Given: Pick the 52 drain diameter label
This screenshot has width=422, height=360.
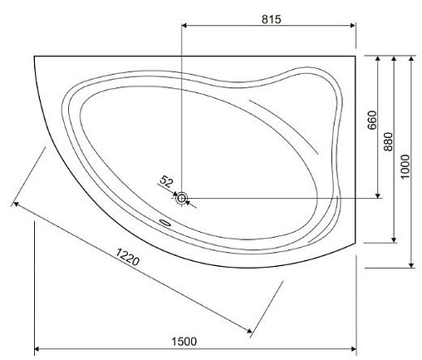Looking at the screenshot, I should pos(165,180).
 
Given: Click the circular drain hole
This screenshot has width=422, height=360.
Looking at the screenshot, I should pos(182,199).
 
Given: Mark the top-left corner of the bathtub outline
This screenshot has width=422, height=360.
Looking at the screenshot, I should pos(33,57).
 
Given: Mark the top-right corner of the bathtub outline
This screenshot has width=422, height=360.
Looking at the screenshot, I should pos(356,57).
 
